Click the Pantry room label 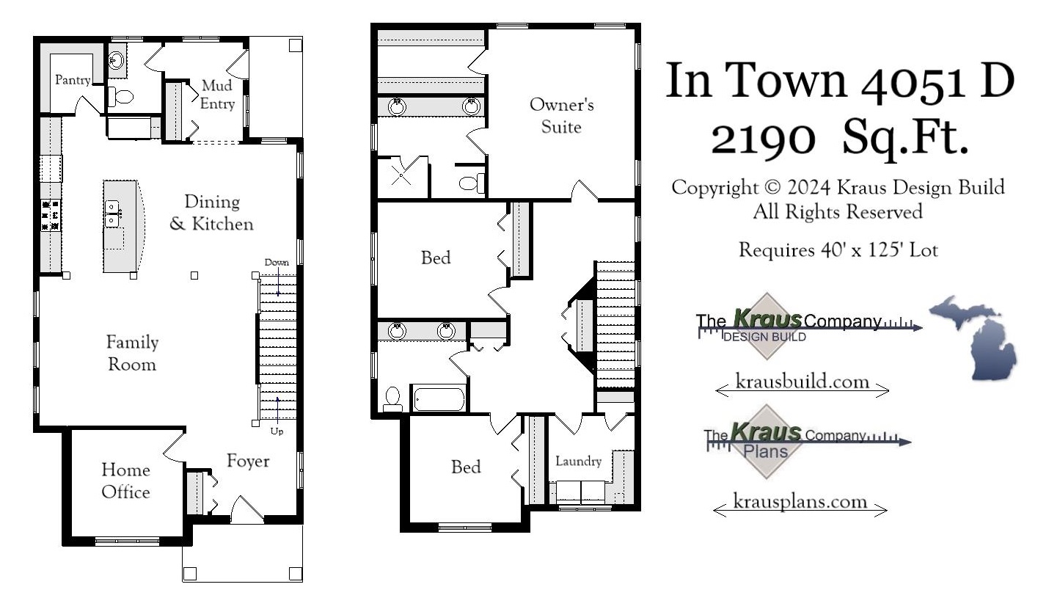coord(73,80)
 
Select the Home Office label coord(125,481)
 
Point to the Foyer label coord(247,461)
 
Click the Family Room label coord(132,352)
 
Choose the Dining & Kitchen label coord(211,212)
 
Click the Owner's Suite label coord(561,115)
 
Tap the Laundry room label coord(578,462)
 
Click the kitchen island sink coord(113,214)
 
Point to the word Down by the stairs coord(277,262)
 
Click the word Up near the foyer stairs coord(277,431)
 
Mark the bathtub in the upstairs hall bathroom coord(439,400)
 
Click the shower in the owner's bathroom coord(401,175)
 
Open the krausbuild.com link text coord(802,382)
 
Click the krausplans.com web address coord(800,502)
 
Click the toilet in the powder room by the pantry coord(121,96)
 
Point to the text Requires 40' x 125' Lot coord(838,250)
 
